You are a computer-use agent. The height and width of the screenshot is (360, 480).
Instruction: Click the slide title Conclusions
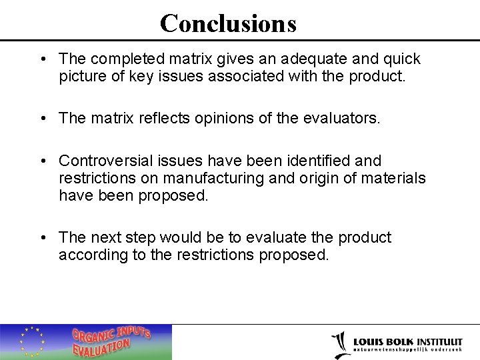[228, 23]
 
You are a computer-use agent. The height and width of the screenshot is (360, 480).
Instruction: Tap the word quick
[401, 59]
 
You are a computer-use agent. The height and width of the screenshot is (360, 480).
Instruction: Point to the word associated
[245, 76]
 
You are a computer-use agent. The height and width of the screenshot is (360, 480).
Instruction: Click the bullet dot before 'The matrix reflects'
[42, 119]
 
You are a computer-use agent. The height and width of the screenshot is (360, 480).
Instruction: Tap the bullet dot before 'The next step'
[42, 238]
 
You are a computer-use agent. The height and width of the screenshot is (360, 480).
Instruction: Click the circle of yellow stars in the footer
[31, 341]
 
